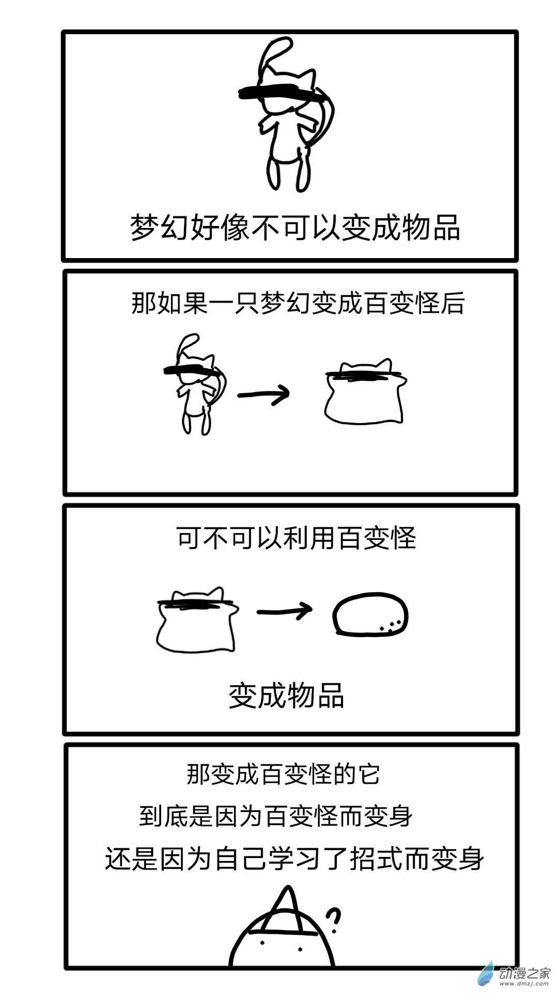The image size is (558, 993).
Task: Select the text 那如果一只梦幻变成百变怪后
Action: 298,303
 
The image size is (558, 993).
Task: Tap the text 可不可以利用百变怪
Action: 297,538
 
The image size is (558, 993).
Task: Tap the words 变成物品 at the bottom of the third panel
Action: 286,695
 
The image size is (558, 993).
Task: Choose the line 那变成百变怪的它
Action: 284,774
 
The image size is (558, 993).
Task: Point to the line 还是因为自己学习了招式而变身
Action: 295,859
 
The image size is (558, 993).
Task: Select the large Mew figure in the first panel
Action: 289,114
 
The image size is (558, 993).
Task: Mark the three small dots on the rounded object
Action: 391,626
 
